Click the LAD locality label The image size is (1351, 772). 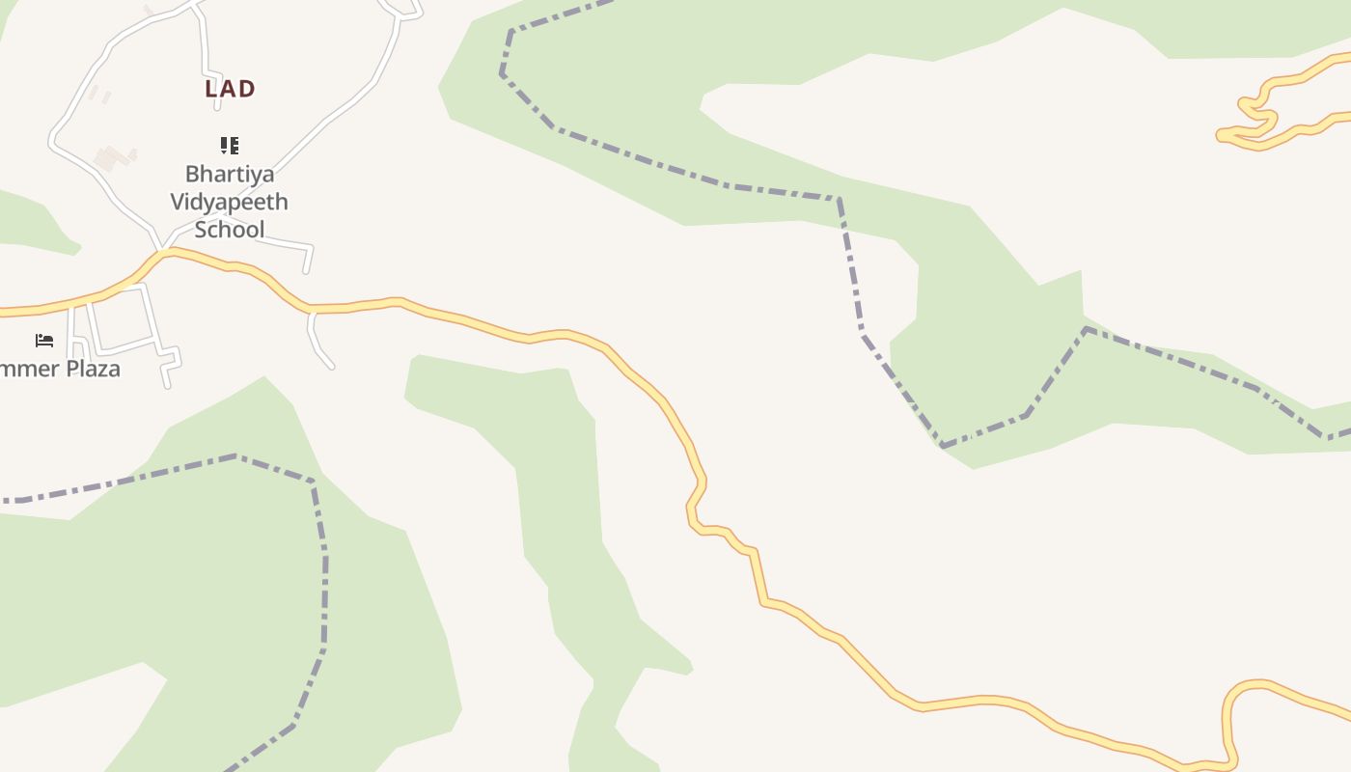tap(230, 89)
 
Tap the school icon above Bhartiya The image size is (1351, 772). tap(230, 146)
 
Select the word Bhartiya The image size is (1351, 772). tap(230, 175)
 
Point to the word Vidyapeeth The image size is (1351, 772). tap(230, 202)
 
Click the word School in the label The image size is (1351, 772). tap(230, 229)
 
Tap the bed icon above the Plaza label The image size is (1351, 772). tap(43, 341)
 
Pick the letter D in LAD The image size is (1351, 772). tap(246, 89)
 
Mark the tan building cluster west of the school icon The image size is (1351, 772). tap(114, 157)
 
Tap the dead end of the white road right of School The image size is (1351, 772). tap(307, 271)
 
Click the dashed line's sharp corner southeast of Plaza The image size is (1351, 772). tap(313, 481)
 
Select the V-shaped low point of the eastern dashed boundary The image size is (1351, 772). tap(943, 446)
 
